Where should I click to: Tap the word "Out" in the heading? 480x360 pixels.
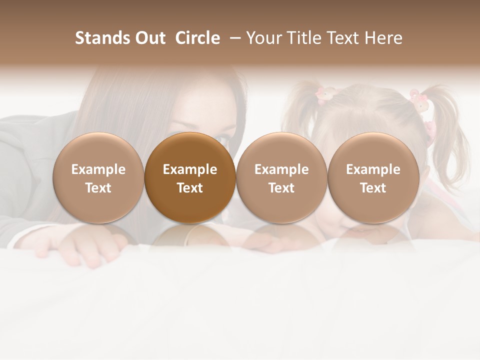149,38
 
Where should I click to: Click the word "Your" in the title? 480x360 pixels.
263,38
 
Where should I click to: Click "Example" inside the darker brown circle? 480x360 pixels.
190,169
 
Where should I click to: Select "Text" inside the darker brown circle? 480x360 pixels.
190,188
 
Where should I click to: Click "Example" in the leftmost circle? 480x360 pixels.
98,169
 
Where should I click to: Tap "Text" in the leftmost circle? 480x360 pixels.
98,188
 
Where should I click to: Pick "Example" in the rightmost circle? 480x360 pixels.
373,169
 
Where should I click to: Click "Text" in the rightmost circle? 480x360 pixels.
373,188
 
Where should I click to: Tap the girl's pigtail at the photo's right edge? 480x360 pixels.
446,120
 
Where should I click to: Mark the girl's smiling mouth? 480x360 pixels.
372,231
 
